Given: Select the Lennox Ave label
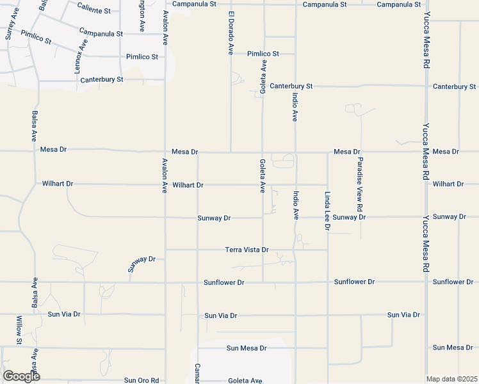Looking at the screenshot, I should [81, 56].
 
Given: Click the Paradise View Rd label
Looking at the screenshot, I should [361, 184].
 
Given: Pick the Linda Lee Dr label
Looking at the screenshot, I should [327, 210].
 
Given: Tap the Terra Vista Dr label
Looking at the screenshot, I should [247, 250].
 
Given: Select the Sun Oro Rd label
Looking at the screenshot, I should [141, 380].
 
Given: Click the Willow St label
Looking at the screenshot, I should [19, 330].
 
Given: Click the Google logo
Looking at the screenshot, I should [20, 376].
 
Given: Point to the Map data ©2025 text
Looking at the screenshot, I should [451, 379].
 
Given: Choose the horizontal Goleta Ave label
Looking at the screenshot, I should [245, 380].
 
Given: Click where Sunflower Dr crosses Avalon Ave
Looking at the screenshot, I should [166, 282].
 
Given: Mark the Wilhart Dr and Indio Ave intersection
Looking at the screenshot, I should [295, 184].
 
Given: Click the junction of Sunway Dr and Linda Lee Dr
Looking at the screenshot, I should [328, 217].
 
